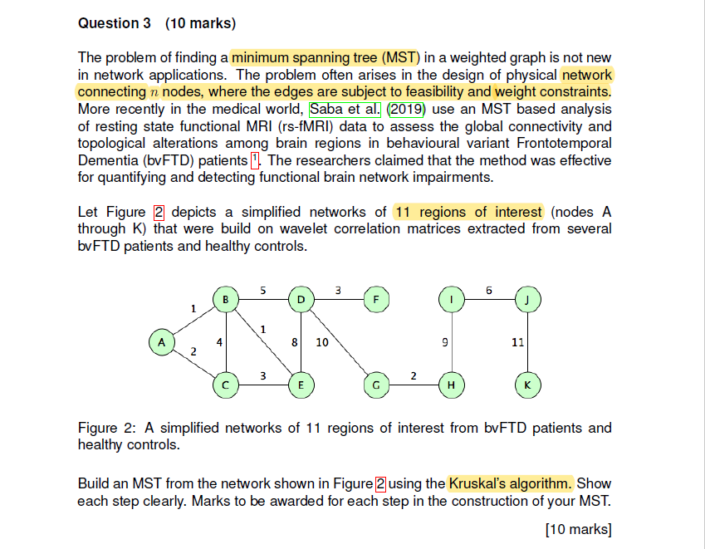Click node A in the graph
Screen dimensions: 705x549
[x=162, y=341]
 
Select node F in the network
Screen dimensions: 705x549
[x=376, y=298]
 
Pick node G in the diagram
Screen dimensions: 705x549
[x=376, y=385]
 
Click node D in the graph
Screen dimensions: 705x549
[x=301, y=298]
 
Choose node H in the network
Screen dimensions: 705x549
[x=451, y=385]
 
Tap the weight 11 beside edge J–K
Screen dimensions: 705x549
[x=517, y=341]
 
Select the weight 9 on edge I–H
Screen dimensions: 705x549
[x=446, y=341]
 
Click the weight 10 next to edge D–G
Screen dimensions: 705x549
[x=322, y=341]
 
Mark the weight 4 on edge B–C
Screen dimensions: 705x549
[x=219, y=341]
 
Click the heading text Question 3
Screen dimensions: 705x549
[x=109, y=23]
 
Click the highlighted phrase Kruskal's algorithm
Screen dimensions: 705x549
[x=510, y=483]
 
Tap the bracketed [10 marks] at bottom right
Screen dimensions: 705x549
[x=578, y=528]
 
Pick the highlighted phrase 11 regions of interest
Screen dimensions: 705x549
[x=468, y=212]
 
